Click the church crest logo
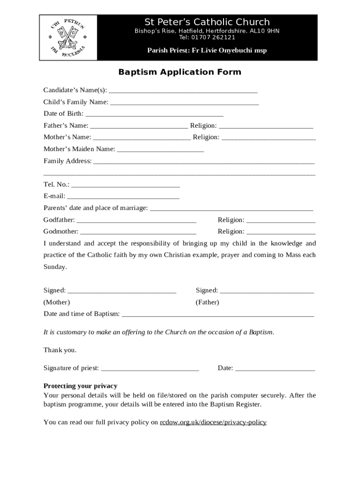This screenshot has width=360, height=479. tap(68, 37)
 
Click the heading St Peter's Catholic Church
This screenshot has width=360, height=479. tap(207, 22)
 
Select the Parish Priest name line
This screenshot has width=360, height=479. tap(207, 51)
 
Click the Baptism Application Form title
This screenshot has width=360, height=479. tap(180, 72)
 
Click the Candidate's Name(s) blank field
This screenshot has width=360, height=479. tap(183, 91)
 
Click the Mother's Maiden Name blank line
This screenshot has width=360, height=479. tap(160, 150)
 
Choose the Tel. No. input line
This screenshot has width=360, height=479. tap(125, 185)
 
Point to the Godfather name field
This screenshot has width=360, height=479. tap(136, 221)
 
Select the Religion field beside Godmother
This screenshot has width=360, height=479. tap(281, 232)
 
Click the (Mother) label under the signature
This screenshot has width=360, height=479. tap(57, 302)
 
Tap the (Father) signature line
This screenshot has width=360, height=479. tap(266, 291)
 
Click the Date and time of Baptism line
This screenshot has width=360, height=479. tap(217, 315)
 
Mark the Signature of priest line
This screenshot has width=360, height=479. tap(150, 369)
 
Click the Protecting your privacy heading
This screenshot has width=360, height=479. tap(80, 386)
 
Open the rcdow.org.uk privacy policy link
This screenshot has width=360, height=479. tap(213, 422)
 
